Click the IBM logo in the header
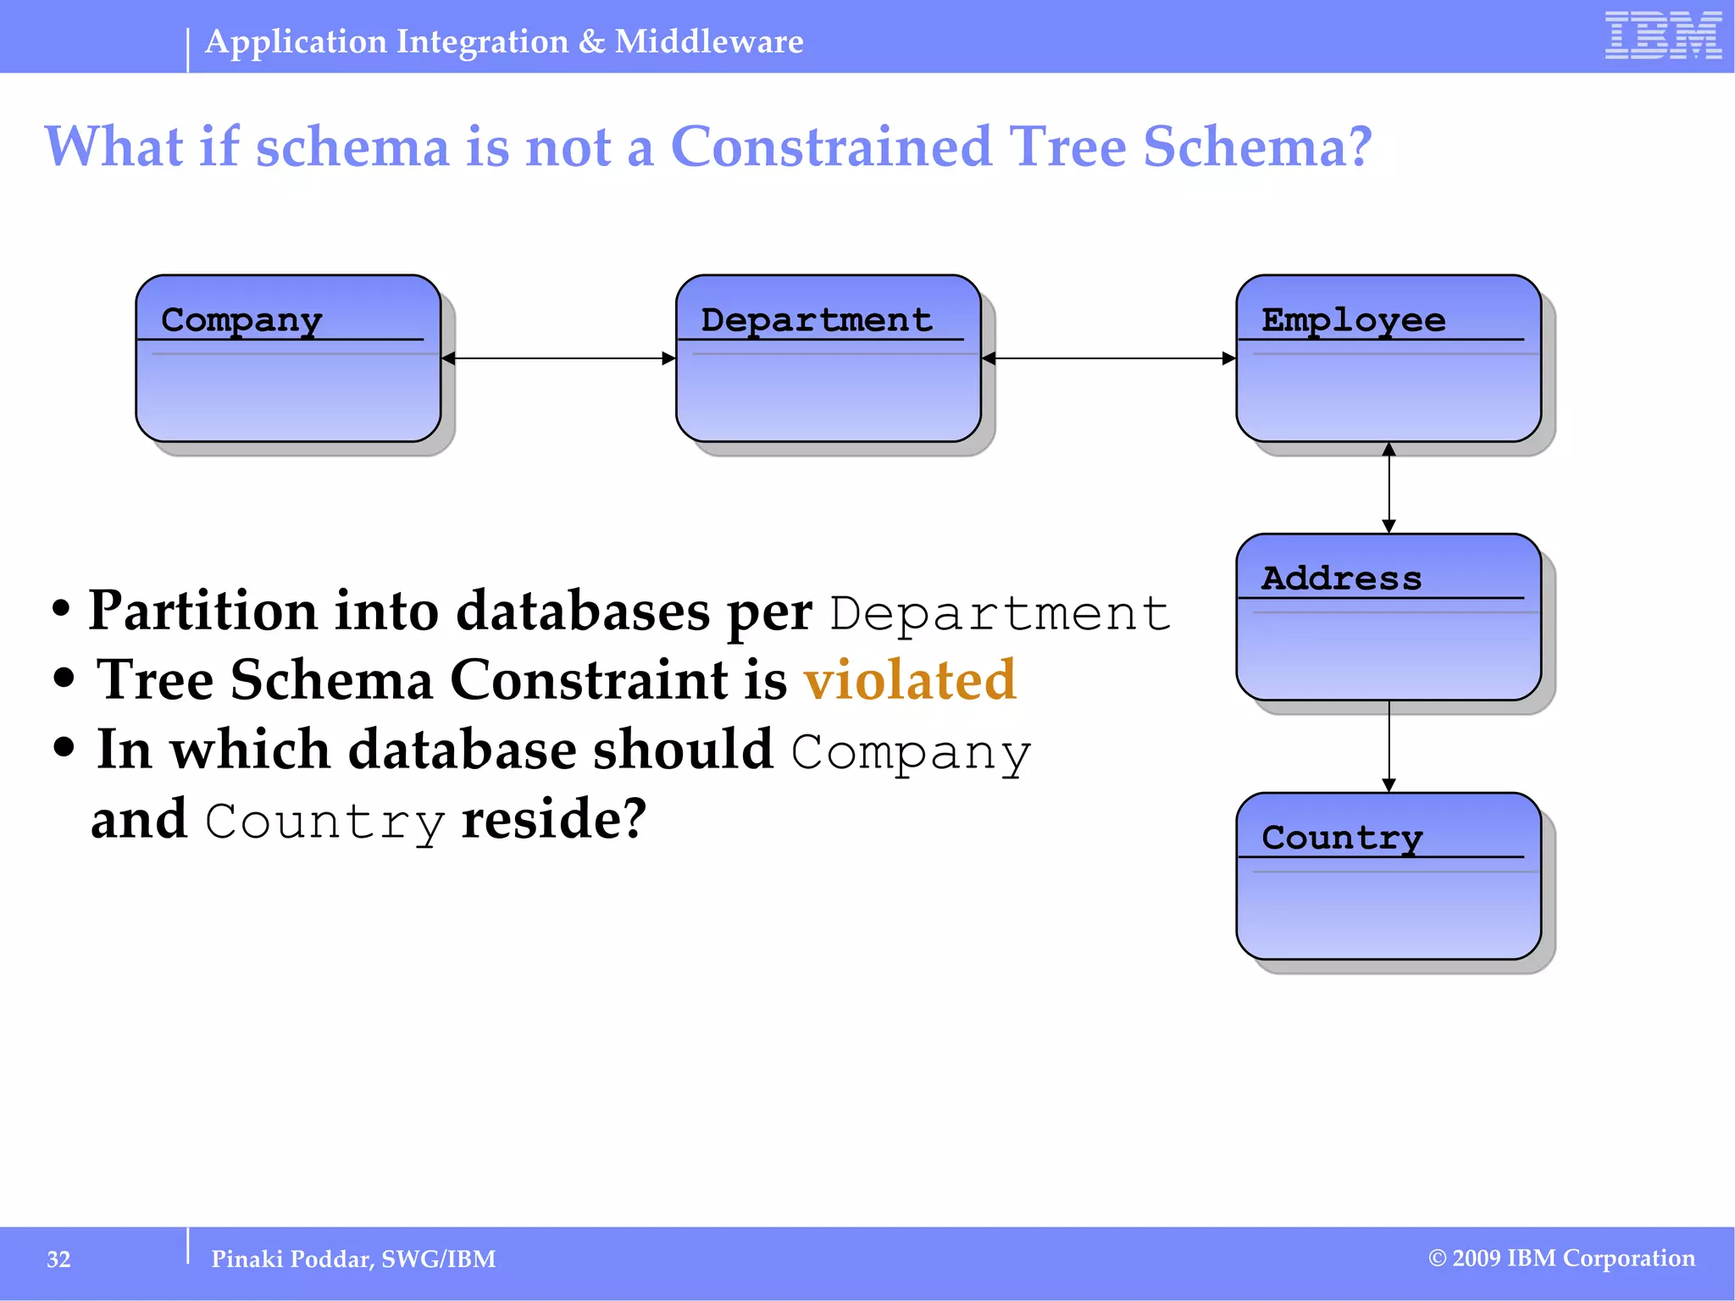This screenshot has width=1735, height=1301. tap(1662, 36)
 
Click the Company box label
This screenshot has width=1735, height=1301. tap(241, 320)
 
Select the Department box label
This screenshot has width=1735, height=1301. tap(816, 320)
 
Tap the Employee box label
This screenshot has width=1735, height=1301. tap(1353, 320)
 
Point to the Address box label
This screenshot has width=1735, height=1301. tap(1341, 579)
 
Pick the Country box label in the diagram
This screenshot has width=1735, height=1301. tap(1341, 838)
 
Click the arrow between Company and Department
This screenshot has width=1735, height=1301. tap(558, 358)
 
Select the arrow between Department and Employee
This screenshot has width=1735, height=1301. tap(1108, 358)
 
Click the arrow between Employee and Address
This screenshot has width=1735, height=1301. tap(1389, 488)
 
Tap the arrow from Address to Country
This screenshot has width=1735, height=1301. tap(1389, 746)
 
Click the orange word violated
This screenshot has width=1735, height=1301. tap(910, 679)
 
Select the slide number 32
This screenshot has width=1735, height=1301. tap(58, 1259)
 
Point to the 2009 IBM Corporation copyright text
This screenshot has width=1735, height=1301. tap(1561, 1258)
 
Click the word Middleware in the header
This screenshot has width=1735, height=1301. tap(708, 42)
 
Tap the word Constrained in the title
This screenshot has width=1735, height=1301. tap(830, 147)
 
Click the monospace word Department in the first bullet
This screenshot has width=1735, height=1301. tap(1000, 613)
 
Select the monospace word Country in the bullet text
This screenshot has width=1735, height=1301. tap(324, 821)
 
